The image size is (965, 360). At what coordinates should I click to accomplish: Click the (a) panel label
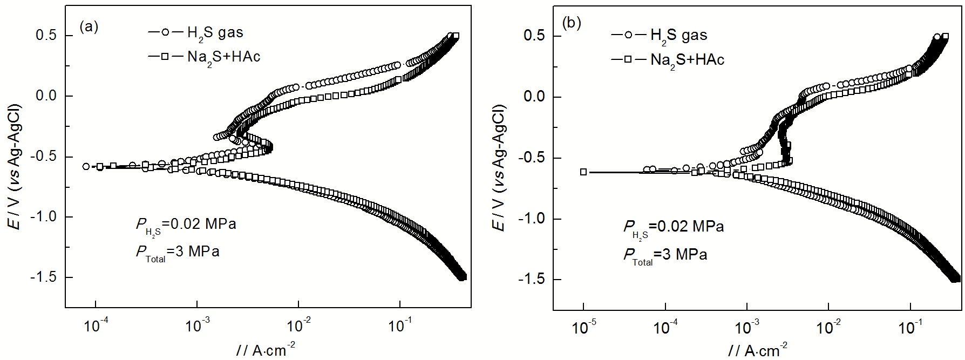point(89,26)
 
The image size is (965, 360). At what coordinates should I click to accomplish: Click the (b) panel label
point(572,23)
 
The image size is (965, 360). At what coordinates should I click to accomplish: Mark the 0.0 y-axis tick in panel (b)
point(535,97)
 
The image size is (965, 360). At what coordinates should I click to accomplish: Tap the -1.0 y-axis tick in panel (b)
point(533,219)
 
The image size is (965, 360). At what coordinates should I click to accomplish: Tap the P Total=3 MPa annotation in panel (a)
point(178,252)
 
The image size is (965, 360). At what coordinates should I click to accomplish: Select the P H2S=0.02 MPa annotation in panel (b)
point(674,227)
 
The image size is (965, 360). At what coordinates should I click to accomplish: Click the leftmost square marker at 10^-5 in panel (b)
point(583,172)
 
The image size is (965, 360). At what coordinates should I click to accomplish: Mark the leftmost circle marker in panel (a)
point(86,166)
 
